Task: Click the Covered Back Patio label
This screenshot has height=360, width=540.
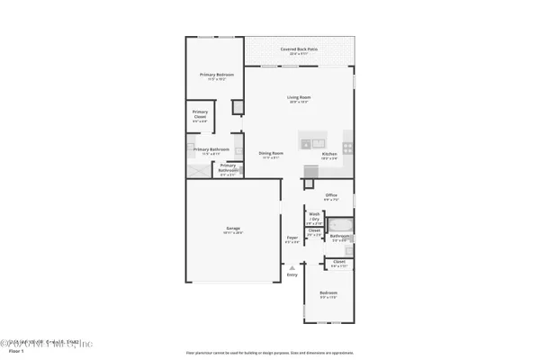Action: [299, 49]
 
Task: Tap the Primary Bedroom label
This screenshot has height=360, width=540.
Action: [216, 76]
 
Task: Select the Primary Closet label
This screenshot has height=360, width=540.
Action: [200, 114]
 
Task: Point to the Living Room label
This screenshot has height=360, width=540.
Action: [299, 97]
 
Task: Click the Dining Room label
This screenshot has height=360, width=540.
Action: [272, 153]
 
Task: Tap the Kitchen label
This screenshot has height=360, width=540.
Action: [329, 154]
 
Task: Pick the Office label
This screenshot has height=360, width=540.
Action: [330, 195]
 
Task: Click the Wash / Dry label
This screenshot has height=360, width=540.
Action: [314, 216]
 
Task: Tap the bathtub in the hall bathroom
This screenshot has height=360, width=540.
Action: [341, 225]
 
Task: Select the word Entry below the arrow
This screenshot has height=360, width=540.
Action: [291, 274]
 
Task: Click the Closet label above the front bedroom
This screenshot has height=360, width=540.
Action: [338, 263]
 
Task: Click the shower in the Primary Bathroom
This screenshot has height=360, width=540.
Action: [195, 168]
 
